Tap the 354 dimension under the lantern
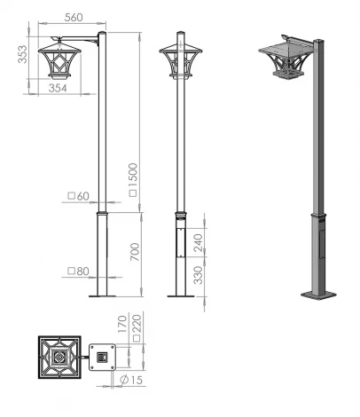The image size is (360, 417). [x=59, y=88]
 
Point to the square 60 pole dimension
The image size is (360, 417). [x=81, y=196]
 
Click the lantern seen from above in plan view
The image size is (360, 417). [x=59, y=358]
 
